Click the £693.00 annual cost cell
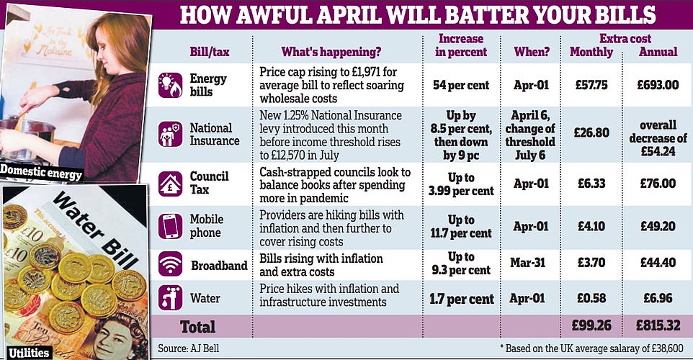658,85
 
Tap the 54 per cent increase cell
460,85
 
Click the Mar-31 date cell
532,264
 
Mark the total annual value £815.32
658,327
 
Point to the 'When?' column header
532,52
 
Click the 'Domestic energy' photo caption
42,173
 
